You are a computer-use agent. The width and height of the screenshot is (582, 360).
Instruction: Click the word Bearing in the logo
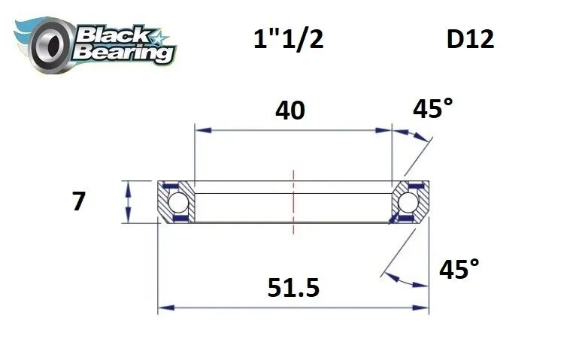pyautogui.click(x=125, y=52)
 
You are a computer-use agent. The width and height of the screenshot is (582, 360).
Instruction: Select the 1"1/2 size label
pyautogui.click(x=289, y=38)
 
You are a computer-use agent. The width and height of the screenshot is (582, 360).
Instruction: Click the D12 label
pyautogui.click(x=470, y=38)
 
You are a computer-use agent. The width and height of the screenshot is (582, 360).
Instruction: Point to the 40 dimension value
pyautogui.click(x=290, y=110)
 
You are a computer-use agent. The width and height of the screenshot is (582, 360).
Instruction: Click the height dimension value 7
pyautogui.click(x=78, y=201)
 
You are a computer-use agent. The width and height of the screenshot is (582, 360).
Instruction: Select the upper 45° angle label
pyautogui.click(x=433, y=110)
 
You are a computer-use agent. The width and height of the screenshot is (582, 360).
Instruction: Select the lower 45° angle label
pyautogui.click(x=459, y=268)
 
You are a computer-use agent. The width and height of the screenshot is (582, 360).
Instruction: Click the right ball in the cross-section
pyautogui.click(x=408, y=202)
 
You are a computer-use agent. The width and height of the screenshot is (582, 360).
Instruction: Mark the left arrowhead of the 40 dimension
pyautogui.click(x=200, y=130)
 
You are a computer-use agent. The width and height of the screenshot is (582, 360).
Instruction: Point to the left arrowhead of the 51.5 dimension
pyautogui.click(x=163, y=307)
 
